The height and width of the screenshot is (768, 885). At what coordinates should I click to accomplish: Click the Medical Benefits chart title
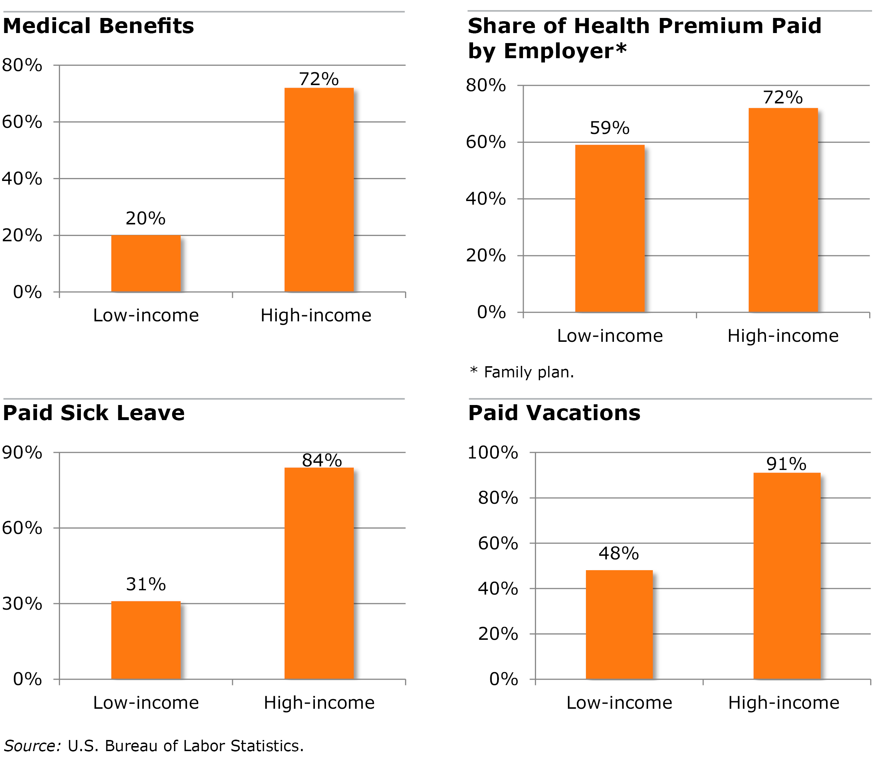(98, 26)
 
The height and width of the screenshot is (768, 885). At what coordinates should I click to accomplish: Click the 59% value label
(610, 128)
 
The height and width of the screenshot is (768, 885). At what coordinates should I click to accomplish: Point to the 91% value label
(787, 464)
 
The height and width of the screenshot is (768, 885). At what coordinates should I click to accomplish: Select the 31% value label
(146, 584)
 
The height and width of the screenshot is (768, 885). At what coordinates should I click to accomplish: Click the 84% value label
(322, 460)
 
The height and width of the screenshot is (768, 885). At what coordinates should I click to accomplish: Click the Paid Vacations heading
(554, 413)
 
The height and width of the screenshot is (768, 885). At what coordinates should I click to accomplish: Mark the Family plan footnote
(522, 372)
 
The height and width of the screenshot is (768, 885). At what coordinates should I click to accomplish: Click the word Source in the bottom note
(32, 746)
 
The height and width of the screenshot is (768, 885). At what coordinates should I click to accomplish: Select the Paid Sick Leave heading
(93, 413)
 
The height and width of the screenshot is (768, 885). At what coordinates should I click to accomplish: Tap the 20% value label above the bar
(146, 219)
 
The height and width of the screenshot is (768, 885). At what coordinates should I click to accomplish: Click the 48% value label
(619, 553)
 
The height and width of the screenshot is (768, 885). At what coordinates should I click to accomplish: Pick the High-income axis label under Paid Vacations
(783, 703)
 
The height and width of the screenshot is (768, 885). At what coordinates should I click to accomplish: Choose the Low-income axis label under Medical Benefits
(146, 316)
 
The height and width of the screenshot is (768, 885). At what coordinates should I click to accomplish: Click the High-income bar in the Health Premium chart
(783, 210)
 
